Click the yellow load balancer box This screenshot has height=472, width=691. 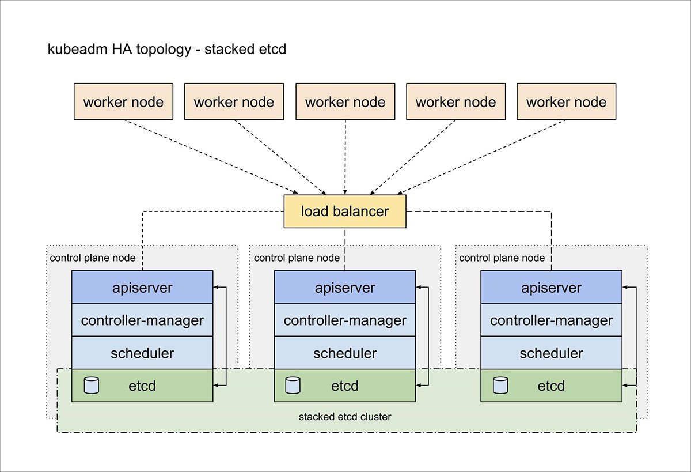pyautogui.click(x=345, y=212)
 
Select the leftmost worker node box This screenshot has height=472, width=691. pyautogui.click(x=123, y=102)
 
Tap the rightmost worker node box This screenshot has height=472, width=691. pyautogui.click(x=566, y=102)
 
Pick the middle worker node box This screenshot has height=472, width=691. pyautogui.click(x=345, y=102)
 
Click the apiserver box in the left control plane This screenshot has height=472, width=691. pyautogui.click(x=142, y=287)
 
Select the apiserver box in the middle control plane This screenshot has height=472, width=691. pyautogui.click(x=345, y=287)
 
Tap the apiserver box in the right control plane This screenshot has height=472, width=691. pyautogui.click(x=551, y=287)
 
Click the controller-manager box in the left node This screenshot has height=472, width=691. pyautogui.click(x=142, y=320)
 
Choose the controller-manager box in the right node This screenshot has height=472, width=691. pyautogui.click(x=551, y=320)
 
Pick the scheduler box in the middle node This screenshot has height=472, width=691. pyautogui.click(x=345, y=353)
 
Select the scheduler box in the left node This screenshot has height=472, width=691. pyautogui.click(x=142, y=353)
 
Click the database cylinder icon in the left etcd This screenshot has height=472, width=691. pyautogui.click(x=92, y=385)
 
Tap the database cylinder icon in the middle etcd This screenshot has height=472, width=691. pyautogui.click(x=293, y=385)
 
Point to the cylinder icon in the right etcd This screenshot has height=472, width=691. pyautogui.click(x=500, y=385)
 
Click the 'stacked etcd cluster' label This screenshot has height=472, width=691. pyautogui.click(x=345, y=416)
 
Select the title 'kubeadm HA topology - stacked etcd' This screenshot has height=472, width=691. pyautogui.click(x=166, y=50)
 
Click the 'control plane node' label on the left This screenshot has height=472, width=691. pyautogui.click(x=93, y=258)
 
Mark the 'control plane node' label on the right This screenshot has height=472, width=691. pyautogui.click(x=502, y=258)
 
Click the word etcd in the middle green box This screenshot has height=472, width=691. pyautogui.click(x=345, y=386)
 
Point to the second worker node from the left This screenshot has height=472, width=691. pyautogui.click(x=234, y=102)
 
